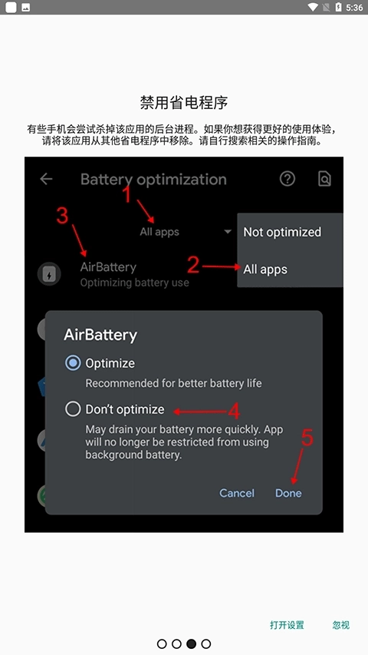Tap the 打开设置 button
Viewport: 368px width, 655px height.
pos(287,625)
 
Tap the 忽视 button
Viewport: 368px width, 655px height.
pos(341,625)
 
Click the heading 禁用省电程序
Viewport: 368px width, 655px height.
pos(184,103)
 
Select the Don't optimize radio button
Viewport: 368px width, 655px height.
pos(73,409)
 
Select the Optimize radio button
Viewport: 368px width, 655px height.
pos(73,362)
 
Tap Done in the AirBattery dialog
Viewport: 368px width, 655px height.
pos(288,493)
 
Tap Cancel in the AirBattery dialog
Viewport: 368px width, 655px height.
pos(237,493)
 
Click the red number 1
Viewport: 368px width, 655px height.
pos(128,195)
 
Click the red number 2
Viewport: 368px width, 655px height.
pos(193,265)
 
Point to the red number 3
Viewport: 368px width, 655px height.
pos(63,216)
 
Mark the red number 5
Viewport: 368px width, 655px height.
pos(307,438)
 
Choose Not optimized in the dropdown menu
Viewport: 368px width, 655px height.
pos(282,232)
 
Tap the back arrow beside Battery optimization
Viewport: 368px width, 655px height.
pos(46,179)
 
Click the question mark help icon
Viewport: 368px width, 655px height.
pos(287,179)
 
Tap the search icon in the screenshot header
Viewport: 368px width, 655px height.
pos(324,179)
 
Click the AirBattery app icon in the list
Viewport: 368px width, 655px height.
pos(49,274)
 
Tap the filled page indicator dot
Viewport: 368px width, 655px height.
pos(191,643)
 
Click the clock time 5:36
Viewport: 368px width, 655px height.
pos(354,8)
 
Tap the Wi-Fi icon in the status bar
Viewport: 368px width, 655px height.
pos(313,8)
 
